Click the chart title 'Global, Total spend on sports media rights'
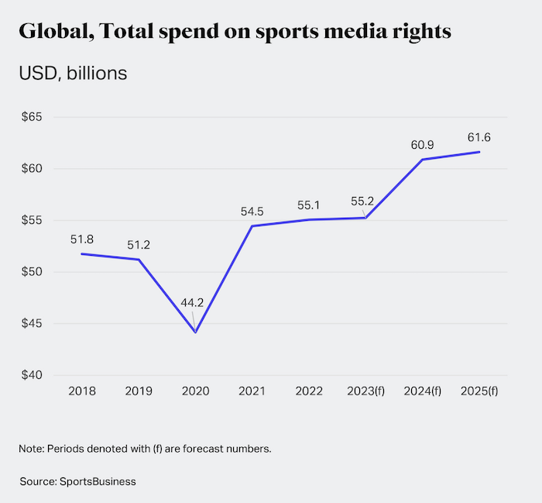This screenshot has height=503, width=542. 235,33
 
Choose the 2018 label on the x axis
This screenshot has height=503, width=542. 82,392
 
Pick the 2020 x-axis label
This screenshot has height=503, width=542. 195,392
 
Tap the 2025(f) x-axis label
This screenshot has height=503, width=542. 479,392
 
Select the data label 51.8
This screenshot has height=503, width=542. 82,239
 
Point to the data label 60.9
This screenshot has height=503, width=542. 422,145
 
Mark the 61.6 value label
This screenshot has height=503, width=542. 479,137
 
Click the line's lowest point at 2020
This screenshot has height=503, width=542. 195,332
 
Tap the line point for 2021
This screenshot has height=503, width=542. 252,226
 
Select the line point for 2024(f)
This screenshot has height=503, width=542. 422,160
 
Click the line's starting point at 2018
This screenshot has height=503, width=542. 82,254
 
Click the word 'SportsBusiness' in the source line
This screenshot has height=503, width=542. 98,481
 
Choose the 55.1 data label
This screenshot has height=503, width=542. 308,205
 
